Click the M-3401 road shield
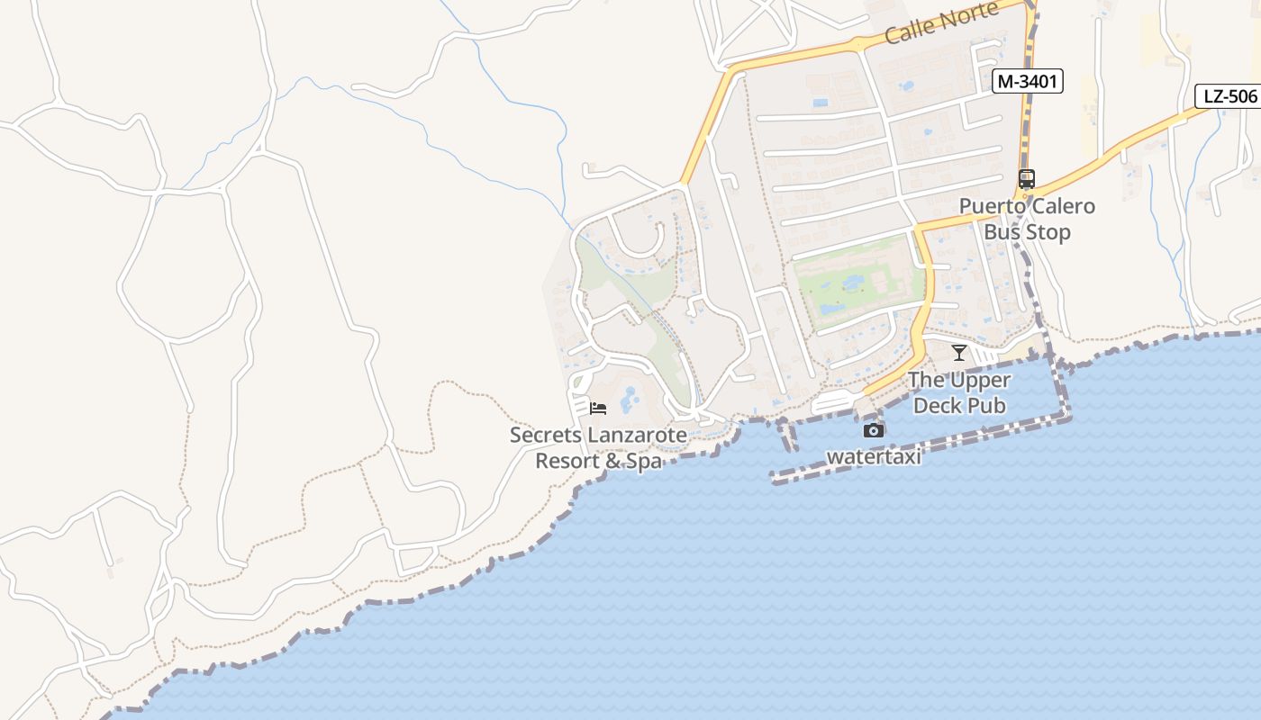click(1028, 82)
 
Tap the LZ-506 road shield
click(1229, 96)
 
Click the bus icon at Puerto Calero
click(1026, 178)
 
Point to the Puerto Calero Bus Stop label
click(1027, 219)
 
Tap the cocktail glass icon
click(958, 352)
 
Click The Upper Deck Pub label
click(959, 392)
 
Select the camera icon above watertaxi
click(873, 430)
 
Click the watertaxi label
click(874, 456)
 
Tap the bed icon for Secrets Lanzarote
click(598, 408)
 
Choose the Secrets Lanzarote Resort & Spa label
click(598, 448)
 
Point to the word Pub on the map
click(986, 406)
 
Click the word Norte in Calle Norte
click(967, 16)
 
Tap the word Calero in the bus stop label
click(1061, 206)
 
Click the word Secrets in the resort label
click(545, 436)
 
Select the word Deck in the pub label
click(937, 406)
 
